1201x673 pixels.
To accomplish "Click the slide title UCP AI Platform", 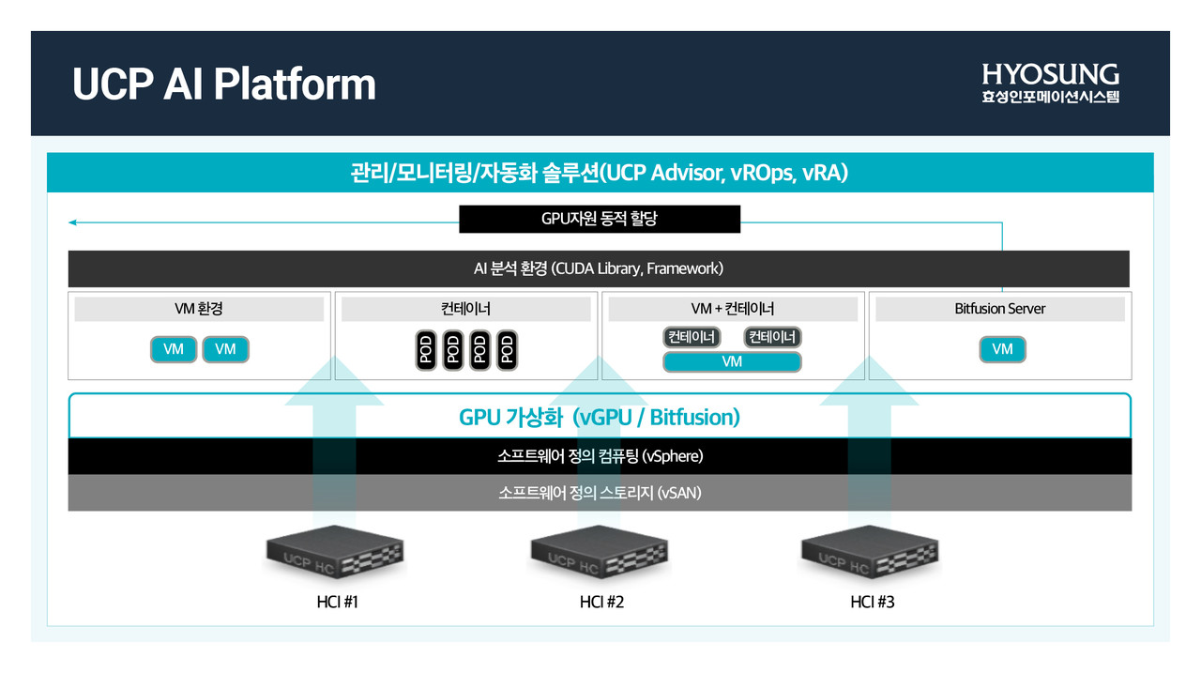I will pos(224,84).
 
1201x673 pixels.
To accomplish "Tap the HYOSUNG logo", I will pos(1050,74).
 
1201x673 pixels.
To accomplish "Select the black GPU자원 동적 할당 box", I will pos(600,220).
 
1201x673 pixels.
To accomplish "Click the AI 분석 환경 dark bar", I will pos(599,268).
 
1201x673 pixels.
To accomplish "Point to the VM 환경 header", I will pos(198,309).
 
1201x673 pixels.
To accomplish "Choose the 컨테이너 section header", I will pos(465,309).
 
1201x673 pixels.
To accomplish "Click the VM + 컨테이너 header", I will pos(732,309).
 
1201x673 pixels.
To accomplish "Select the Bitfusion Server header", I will pos(999,309).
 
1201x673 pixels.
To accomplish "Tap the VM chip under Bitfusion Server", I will pos(1002,349).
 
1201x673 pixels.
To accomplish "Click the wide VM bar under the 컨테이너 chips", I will pos(732,361).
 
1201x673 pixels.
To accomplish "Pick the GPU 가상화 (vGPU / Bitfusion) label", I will pos(599,418).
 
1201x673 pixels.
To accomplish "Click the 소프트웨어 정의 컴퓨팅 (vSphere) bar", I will pos(600,457).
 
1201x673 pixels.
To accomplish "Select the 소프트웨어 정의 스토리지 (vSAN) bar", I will pos(600,493).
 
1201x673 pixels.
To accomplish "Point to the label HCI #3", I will pos(872,602).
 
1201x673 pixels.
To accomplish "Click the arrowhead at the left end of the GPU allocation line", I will pos(72,222).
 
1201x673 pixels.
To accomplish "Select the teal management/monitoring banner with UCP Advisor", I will pos(600,173).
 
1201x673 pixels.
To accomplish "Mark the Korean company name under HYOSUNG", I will pos(1050,97).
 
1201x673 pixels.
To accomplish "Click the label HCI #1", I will pos(338,602).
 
